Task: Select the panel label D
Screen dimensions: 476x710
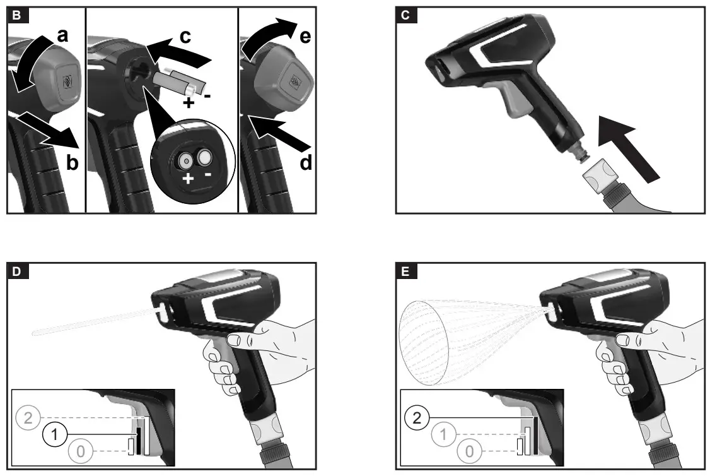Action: point(16,272)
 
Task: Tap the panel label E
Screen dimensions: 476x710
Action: point(405,272)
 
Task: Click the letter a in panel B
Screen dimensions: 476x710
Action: point(62,35)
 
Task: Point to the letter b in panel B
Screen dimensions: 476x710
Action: point(73,164)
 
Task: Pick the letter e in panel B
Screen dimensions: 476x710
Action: point(305,37)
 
